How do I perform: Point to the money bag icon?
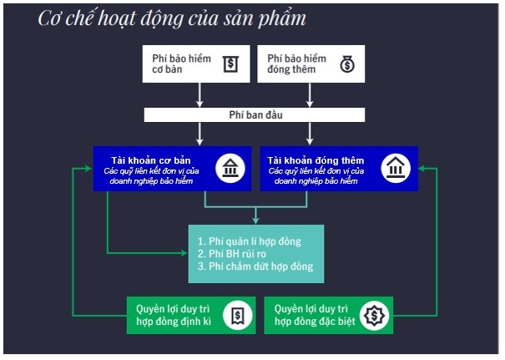(x=346, y=64)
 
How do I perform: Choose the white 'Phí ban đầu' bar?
(x=255, y=114)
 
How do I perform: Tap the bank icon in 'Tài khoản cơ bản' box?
(x=230, y=168)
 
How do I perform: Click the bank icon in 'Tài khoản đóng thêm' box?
(x=396, y=168)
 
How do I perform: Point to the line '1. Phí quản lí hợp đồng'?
(x=249, y=241)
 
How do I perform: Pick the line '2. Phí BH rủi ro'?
(x=233, y=253)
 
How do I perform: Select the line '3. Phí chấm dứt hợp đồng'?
(x=255, y=266)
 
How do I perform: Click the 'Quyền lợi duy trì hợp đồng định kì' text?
(x=174, y=315)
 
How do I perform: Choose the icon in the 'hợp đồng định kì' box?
(x=239, y=315)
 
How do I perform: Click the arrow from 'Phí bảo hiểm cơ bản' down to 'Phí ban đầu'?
(x=199, y=94)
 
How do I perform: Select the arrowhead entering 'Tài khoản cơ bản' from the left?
(x=88, y=168)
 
